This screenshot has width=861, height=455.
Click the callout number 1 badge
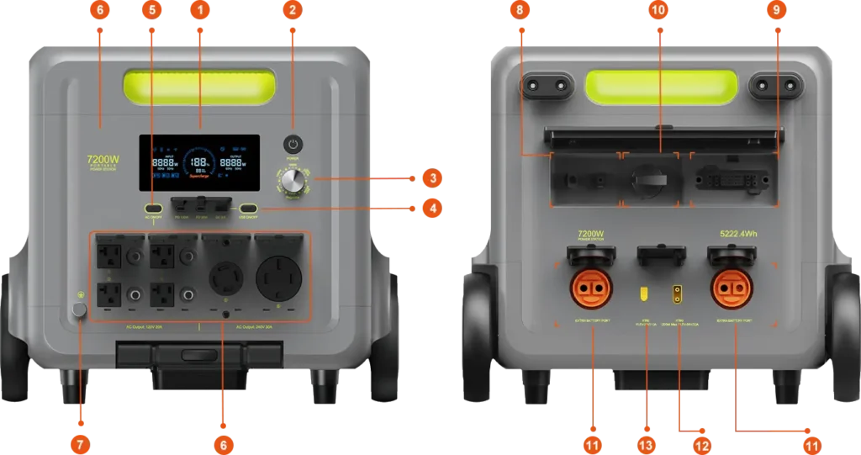[199, 11]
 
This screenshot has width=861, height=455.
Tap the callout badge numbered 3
[430, 178]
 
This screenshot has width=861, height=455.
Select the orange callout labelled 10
[658, 11]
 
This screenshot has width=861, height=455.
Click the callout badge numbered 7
[81, 443]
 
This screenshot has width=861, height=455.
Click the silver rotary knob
[293, 180]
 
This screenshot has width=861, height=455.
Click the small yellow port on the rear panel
[643, 294]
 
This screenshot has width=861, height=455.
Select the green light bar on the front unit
[199, 86]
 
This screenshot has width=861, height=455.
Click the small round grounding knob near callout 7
[80, 310]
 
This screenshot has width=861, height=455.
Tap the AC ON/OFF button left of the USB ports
[153, 209]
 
